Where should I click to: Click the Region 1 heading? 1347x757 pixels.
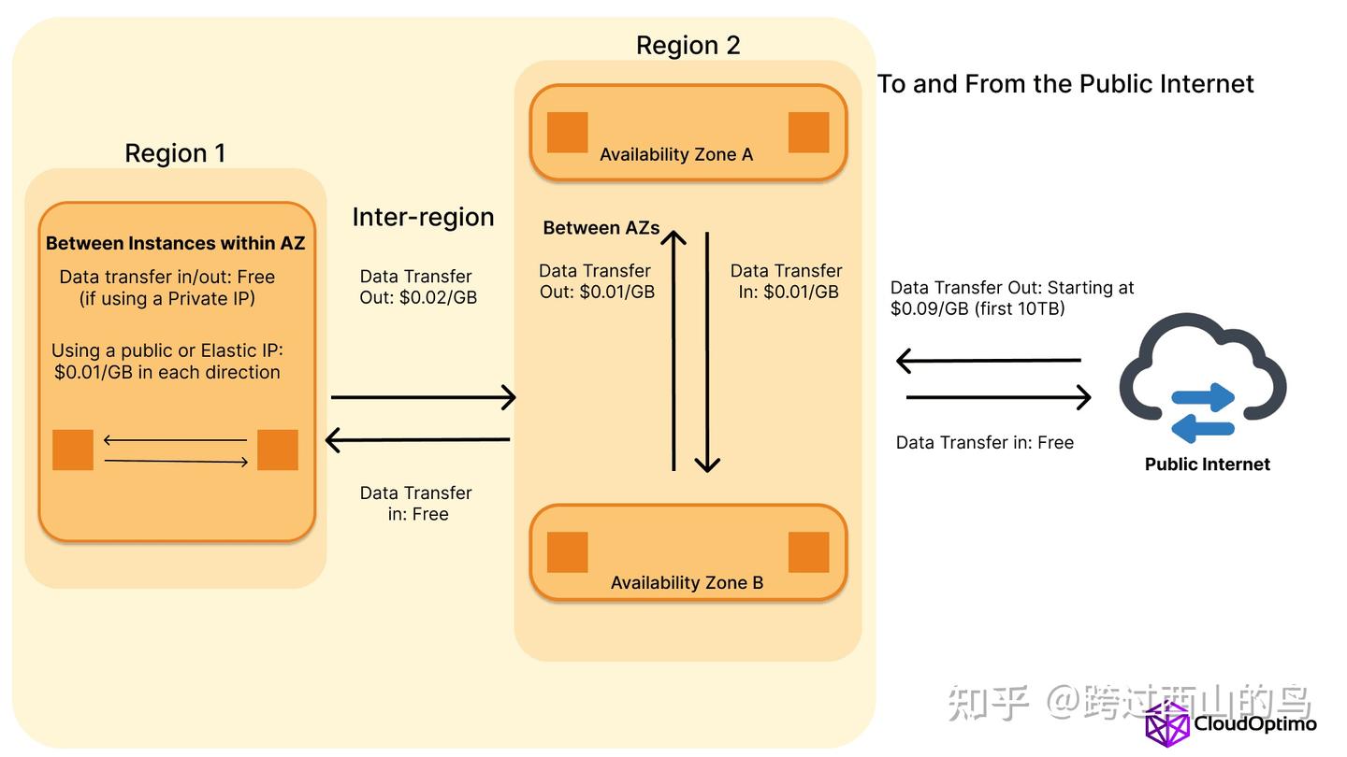tap(175, 153)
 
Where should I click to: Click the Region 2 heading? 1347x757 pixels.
tap(688, 45)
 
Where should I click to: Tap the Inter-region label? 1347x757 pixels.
tap(423, 217)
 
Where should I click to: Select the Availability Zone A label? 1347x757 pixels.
tap(675, 154)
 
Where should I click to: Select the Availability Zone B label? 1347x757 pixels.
tap(687, 582)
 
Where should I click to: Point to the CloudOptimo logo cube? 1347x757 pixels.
tap(1166, 724)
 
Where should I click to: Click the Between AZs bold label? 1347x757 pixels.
tap(601, 228)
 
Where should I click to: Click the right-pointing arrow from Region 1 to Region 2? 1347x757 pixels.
tap(423, 397)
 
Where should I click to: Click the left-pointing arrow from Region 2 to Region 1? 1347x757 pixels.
tap(417, 439)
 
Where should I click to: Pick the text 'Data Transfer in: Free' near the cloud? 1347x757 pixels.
tap(984, 442)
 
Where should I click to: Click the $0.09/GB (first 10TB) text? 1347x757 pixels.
tap(978, 308)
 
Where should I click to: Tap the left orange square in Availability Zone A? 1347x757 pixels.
tap(567, 132)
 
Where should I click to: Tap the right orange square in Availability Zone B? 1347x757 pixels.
tap(808, 551)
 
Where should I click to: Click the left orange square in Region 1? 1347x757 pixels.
tap(73, 450)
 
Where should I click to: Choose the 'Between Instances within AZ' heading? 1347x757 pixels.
tap(176, 243)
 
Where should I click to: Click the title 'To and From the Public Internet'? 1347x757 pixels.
tap(1065, 84)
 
